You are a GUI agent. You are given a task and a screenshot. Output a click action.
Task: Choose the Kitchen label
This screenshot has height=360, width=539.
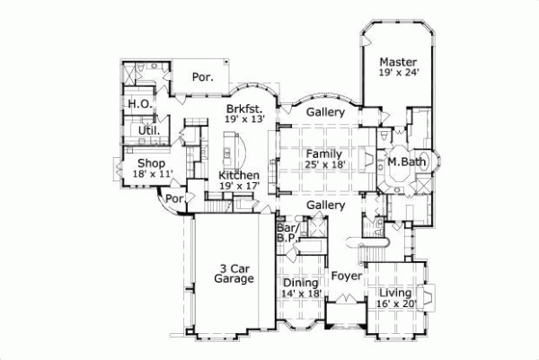coord(239,175)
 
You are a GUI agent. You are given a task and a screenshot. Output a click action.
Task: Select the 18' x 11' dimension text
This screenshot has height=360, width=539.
coord(153,174)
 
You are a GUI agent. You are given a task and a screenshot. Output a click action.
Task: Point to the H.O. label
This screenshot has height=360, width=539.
coord(138,104)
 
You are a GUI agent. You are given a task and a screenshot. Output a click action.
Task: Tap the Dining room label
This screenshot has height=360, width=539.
coord(301,282)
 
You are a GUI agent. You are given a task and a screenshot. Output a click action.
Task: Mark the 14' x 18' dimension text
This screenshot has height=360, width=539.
coord(301,294)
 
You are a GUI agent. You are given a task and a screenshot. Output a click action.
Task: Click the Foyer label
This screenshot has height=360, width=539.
coord(345,277)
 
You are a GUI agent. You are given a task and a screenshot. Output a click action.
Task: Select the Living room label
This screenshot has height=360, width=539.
coord(394,294)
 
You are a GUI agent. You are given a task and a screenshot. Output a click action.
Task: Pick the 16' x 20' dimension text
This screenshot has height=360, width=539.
coord(394,305)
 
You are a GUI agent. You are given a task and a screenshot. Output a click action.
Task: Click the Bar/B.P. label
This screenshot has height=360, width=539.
coord(287,233)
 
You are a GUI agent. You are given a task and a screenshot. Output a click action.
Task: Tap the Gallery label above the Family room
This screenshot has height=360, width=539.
coord(325,112)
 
